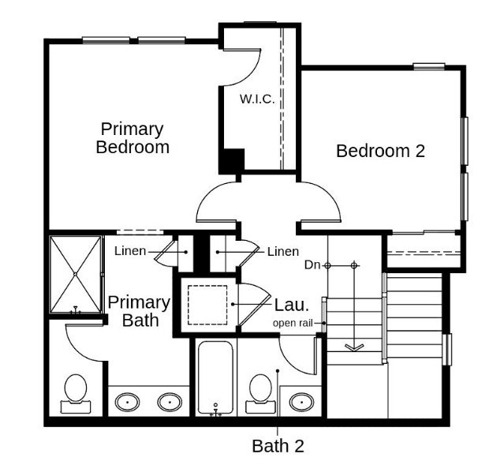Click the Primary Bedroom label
pos(133,137)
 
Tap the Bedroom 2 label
pos(380,151)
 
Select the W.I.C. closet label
pos(256,99)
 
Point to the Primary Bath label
pos(139,311)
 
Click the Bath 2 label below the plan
pos(278,445)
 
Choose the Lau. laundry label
pos(291,304)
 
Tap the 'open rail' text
pos(297,323)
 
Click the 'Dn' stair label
pos(312,265)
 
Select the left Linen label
pos(130,252)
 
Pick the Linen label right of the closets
pos(282,252)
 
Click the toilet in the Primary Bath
pos(76,393)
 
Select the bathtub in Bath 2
pos(215,377)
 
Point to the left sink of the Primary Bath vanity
pos(127,402)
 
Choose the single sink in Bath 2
pos(300,401)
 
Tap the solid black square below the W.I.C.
pos(231,160)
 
